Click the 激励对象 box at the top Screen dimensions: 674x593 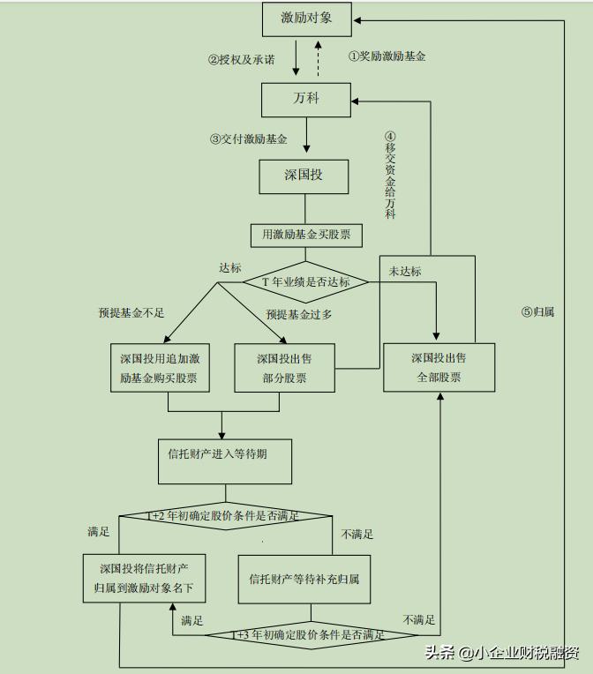pos(307,18)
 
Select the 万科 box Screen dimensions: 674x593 pos(306,99)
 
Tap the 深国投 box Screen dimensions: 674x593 pos(304,175)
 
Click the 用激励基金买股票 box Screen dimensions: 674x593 pos(306,235)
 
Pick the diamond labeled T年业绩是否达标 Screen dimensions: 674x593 pos(305,282)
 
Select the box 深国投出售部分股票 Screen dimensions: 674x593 pos(285,368)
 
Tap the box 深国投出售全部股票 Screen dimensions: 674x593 pos(439,368)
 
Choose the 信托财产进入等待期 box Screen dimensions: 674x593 pos(224,455)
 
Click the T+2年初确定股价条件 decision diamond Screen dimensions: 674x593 pos(226,515)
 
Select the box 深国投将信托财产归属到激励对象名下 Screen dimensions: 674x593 pos(145,578)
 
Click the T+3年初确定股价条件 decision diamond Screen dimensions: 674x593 pos(311,634)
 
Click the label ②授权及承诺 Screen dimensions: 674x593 pos(241,60)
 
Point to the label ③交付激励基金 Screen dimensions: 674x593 pos(248,139)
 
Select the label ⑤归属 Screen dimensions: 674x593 pos(537,311)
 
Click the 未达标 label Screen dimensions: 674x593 pos(404,271)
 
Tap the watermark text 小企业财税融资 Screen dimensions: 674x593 pos(526,654)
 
